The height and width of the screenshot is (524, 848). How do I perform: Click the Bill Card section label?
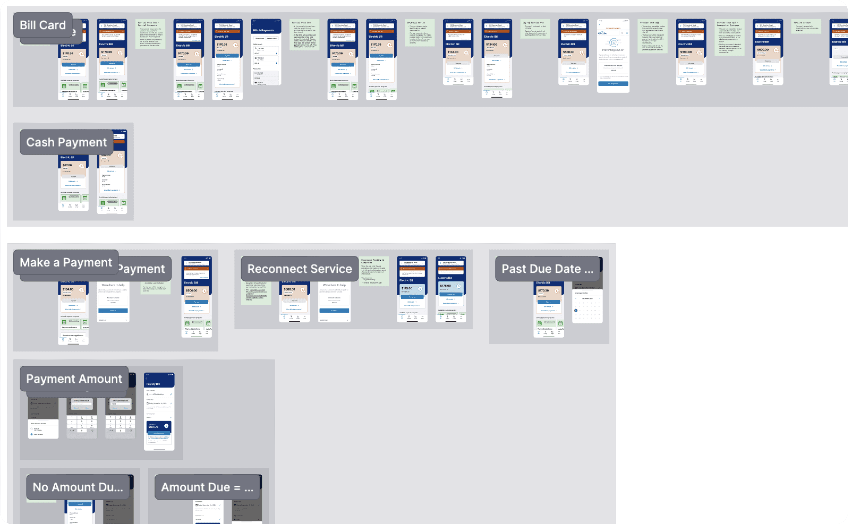pos(43,25)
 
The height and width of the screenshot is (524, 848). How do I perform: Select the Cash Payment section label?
pos(66,142)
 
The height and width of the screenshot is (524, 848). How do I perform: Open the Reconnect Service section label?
pos(300,269)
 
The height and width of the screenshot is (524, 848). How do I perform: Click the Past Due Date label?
pos(547,269)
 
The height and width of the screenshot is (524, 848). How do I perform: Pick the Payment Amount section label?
pos(74,378)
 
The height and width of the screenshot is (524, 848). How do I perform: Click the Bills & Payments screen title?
pos(264,30)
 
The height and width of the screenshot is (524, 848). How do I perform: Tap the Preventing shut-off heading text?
pos(613,50)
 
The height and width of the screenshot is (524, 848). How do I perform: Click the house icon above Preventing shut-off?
pos(613,42)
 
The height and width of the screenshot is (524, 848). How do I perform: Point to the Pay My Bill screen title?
pos(153,384)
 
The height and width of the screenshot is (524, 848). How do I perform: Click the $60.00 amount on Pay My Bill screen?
pos(153,427)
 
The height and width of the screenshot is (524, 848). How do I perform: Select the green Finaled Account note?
pos(806,26)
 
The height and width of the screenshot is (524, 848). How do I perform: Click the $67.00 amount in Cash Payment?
pos(67,165)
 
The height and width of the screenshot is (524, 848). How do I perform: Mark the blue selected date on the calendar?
pos(575,311)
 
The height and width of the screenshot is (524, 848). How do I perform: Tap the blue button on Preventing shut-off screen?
pos(613,84)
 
